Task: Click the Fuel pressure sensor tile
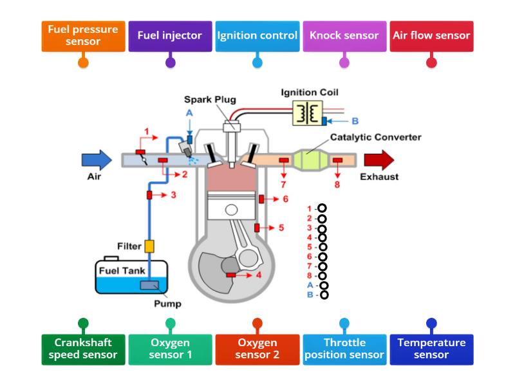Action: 83,35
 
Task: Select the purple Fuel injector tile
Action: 170,35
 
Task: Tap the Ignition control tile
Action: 257,35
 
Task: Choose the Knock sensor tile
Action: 344,35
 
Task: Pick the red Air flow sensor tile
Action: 431,35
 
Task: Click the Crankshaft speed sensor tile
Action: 83,349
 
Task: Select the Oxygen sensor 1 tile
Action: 170,349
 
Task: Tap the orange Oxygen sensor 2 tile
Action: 257,349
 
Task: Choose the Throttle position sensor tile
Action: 344,349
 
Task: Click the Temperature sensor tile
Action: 431,349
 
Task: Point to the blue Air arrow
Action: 97,160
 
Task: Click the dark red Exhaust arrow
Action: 379,160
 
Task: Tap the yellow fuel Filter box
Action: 149,246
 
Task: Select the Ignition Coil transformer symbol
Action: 309,113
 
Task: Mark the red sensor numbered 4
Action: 230,275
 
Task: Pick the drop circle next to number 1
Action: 322,208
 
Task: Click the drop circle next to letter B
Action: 324,295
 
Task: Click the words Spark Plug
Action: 210,100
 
